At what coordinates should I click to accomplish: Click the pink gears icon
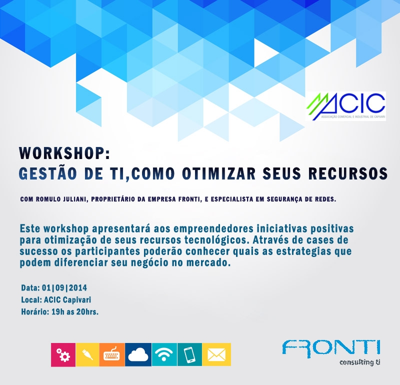(63, 354)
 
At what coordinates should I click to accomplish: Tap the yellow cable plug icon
(87, 354)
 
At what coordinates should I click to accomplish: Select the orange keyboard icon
(112, 354)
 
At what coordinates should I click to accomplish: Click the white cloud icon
(138, 354)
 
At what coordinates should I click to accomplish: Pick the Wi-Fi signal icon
(164, 354)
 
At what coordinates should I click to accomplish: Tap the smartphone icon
(189, 354)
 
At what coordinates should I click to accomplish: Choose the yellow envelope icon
(216, 354)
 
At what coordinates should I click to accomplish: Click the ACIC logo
(346, 106)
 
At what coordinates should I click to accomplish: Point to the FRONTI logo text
(331, 348)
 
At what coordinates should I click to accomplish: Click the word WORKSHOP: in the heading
(64, 153)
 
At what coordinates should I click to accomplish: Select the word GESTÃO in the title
(48, 173)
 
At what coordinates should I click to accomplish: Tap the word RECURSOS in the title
(348, 173)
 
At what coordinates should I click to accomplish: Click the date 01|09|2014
(64, 288)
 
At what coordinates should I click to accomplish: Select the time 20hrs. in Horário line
(87, 311)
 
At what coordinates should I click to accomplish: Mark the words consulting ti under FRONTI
(360, 362)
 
